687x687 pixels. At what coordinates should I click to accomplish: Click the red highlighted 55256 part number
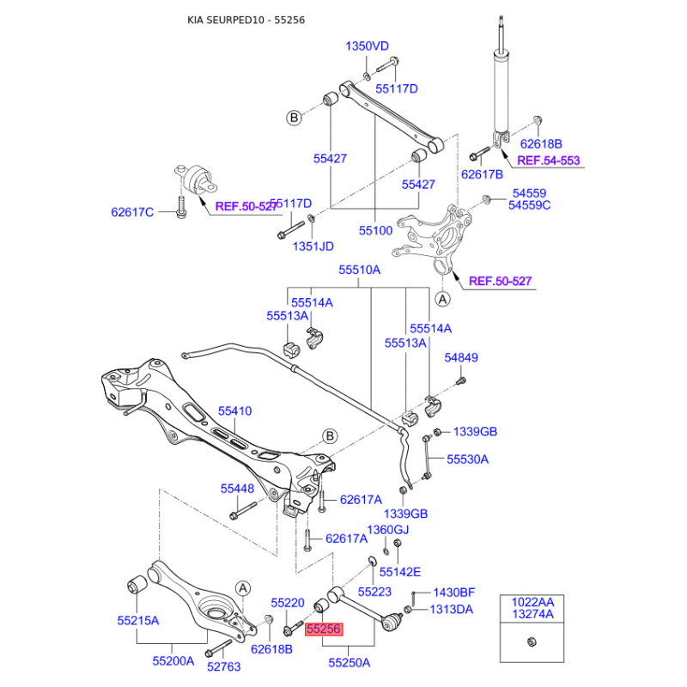(324, 629)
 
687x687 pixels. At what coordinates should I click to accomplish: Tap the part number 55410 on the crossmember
(234, 411)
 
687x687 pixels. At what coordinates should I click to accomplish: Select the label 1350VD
(368, 46)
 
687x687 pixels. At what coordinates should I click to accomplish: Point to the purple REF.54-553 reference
(549, 161)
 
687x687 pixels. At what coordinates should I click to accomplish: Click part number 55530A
(467, 459)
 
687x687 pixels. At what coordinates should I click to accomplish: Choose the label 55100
(375, 230)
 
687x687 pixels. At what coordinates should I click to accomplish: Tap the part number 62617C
(132, 212)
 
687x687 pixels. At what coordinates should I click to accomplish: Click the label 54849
(461, 357)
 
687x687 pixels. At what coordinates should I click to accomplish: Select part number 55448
(238, 489)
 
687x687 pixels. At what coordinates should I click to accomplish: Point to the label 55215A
(138, 620)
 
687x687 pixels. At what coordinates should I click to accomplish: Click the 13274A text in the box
(532, 614)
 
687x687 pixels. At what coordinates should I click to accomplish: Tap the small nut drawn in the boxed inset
(532, 641)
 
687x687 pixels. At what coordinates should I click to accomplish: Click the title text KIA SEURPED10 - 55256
(246, 20)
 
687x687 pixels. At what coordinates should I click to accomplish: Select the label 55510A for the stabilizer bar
(360, 270)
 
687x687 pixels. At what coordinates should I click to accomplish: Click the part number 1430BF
(454, 593)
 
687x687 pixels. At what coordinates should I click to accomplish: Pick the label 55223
(374, 592)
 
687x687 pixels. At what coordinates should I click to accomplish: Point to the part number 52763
(224, 666)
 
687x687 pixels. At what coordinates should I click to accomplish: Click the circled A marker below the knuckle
(442, 299)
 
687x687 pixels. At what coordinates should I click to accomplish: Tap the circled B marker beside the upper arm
(294, 118)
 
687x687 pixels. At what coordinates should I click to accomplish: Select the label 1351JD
(313, 246)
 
